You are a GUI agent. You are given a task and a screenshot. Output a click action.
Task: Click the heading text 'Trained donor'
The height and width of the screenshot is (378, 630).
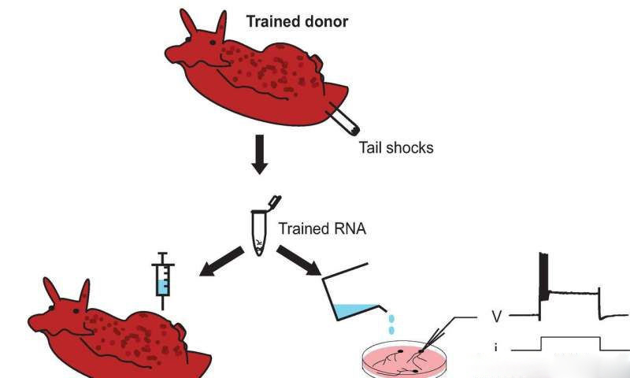pos(297,21)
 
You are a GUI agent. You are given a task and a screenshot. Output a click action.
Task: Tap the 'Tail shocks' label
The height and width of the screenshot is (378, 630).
pos(396,146)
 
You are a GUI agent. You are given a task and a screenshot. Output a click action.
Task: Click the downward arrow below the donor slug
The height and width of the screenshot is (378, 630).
pos(259,159)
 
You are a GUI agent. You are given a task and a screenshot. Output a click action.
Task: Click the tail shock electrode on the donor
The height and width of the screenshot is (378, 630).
pos(344,121)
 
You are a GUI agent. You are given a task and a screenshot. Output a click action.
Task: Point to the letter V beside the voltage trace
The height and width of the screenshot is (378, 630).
pos(497,317)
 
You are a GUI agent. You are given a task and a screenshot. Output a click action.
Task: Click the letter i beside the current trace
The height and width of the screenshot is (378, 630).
pos(496,347)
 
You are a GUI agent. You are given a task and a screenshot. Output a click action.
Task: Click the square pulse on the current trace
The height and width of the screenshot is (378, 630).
pos(570,343)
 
